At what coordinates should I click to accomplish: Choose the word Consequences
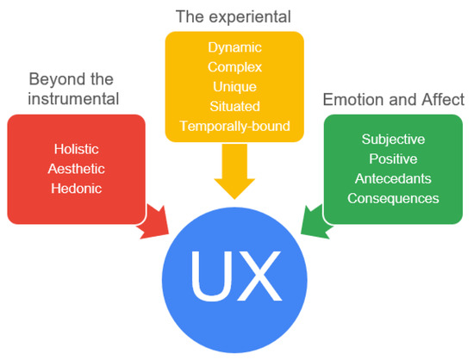coord(392,198)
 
